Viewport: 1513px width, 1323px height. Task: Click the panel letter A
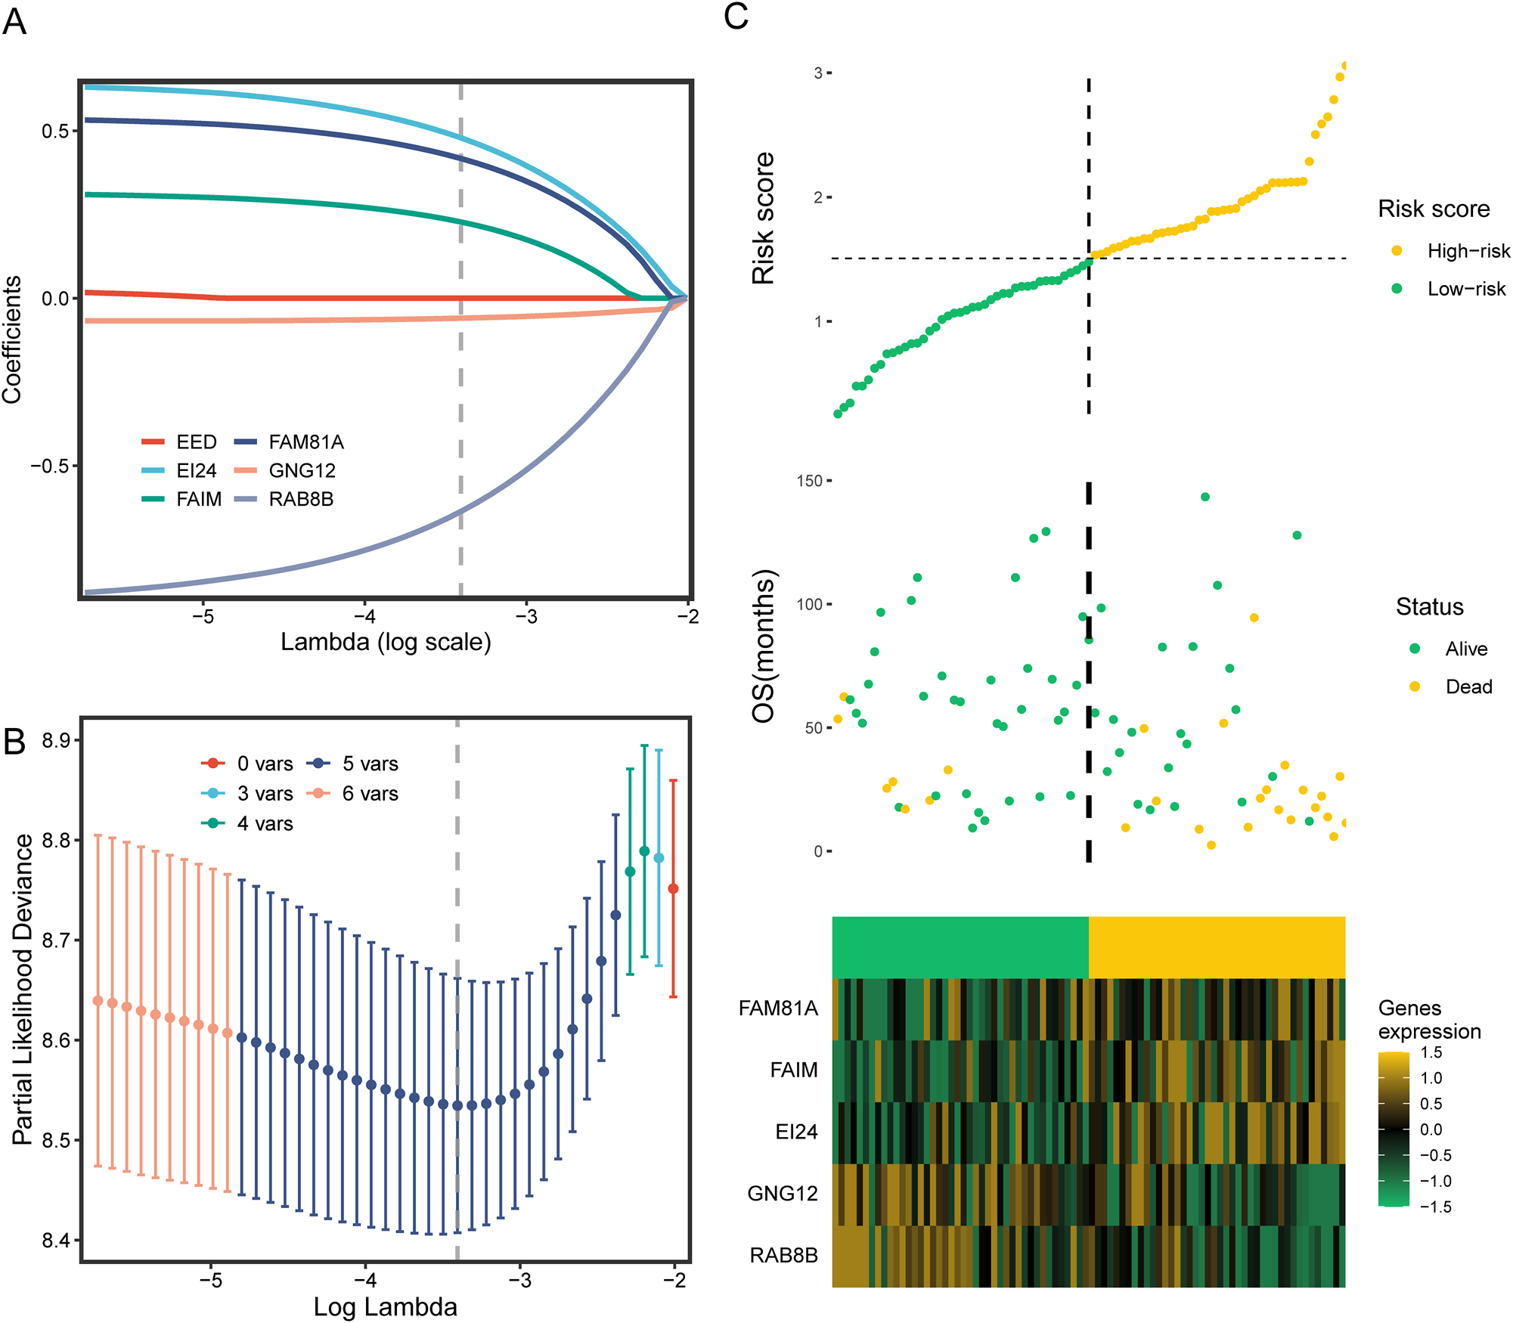point(14,22)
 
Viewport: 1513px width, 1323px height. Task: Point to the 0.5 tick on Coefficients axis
point(54,131)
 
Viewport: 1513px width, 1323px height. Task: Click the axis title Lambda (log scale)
point(386,642)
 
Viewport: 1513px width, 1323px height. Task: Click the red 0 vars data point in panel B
point(673,888)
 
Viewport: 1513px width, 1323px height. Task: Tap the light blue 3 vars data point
point(659,858)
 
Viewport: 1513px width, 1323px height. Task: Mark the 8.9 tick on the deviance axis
point(56,741)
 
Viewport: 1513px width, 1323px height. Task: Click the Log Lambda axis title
point(385,1306)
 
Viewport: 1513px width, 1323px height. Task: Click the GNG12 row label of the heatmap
point(783,1193)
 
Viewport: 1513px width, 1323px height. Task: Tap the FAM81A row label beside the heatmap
point(778,1008)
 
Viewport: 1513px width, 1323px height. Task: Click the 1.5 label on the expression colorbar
point(1431,1052)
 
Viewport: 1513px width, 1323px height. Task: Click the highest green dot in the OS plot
point(1205,497)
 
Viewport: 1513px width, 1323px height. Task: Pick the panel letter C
point(736,17)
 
